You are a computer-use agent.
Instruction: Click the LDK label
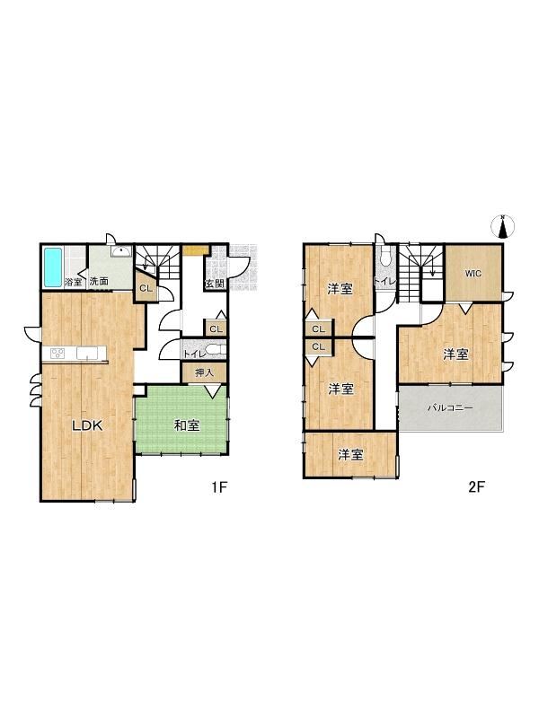(x=87, y=426)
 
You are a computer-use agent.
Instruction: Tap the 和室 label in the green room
(x=186, y=425)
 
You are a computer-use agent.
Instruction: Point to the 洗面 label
(x=99, y=282)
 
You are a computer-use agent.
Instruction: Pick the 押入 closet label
(x=204, y=372)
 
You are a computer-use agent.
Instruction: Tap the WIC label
(x=474, y=273)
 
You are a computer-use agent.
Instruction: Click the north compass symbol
(x=504, y=227)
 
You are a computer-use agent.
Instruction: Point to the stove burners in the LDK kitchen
(x=58, y=353)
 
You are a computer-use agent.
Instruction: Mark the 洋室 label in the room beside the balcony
(x=455, y=355)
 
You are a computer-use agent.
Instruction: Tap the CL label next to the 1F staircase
(x=145, y=288)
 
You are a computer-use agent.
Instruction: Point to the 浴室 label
(x=74, y=282)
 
